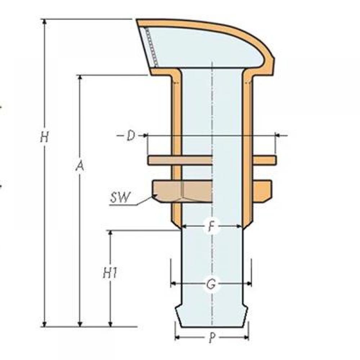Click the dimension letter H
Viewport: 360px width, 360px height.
point(45,137)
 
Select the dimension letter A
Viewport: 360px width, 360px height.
point(80,166)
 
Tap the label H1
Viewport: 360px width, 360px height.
point(110,273)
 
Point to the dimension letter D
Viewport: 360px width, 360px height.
point(131,136)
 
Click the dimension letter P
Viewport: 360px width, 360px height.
point(212,338)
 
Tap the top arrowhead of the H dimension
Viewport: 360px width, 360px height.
point(45,21)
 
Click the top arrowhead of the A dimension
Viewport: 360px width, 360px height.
point(80,77)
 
